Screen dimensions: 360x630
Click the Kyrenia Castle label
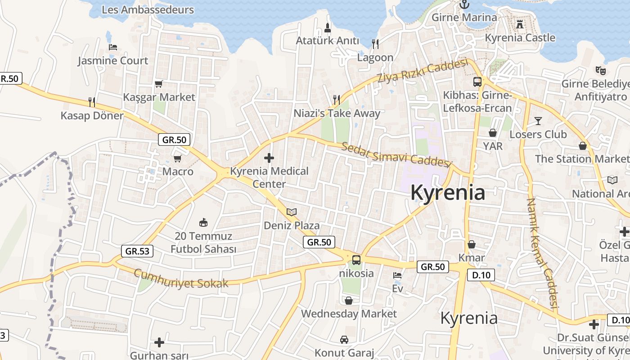[x=520, y=38]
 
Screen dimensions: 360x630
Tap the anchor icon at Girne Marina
[x=464, y=4]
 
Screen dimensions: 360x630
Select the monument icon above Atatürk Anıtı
[x=328, y=27]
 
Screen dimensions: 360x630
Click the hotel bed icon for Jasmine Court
[x=113, y=47]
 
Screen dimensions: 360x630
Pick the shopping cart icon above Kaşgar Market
[x=158, y=84]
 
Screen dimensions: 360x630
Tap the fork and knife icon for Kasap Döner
[x=92, y=102]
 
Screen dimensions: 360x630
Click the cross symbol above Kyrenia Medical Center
[x=269, y=158]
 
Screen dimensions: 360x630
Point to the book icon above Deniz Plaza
[x=292, y=212]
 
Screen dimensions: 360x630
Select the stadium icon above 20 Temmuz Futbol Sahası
[x=203, y=222]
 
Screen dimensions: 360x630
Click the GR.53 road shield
[x=137, y=251]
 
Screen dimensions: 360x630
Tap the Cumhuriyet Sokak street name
[x=181, y=279]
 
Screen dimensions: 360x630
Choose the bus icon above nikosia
[x=356, y=260]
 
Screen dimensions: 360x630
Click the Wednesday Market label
[x=349, y=314]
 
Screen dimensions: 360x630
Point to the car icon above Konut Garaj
[x=344, y=339]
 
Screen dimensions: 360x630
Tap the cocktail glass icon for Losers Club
[x=538, y=121]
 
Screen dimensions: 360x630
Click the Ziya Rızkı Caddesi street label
[x=423, y=72]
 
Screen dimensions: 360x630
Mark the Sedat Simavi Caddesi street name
[x=396, y=155]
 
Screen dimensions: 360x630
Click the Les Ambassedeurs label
[x=148, y=10]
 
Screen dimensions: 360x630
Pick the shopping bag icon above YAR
[x=493, y=133]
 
